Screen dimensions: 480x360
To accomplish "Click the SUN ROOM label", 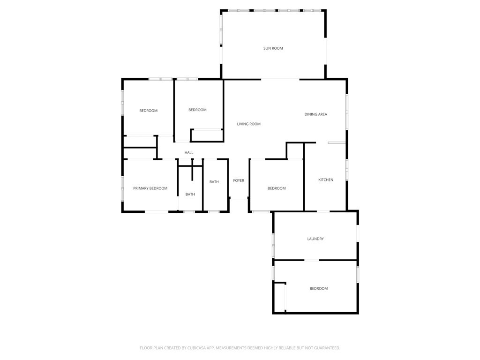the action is (x=273, y=48).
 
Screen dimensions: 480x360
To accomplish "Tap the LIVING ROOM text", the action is (x=248, y=124).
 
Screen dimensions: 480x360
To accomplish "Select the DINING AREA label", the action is (x=315, y=114).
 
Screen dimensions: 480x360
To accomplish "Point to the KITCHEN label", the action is (x=326, y=180).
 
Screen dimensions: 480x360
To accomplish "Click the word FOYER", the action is (x=239, y=180).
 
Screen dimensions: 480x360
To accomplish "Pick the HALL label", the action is (x=189, y=152).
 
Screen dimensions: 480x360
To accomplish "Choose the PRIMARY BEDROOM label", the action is (x=150, y=188).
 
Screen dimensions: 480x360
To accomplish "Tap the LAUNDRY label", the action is (x=315, y=239).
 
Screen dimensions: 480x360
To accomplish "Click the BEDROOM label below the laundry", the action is (x=319, y=288).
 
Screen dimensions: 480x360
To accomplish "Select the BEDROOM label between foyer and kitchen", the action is (x=277, y=188).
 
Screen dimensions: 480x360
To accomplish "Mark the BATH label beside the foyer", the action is (x=214, y=182).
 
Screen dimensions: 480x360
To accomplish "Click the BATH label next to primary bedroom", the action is (x=190, y=194).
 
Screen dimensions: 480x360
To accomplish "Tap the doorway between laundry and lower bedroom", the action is (x=312, y=260).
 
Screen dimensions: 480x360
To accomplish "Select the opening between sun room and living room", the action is (x=280, y=80).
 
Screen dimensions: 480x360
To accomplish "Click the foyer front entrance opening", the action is (x=239, y=199).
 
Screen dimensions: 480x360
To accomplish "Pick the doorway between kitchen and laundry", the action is (x=323, y=211).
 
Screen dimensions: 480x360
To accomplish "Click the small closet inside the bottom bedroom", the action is (x=279, y=297).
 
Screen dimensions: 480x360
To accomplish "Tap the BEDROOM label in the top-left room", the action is (x=149, y=111).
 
